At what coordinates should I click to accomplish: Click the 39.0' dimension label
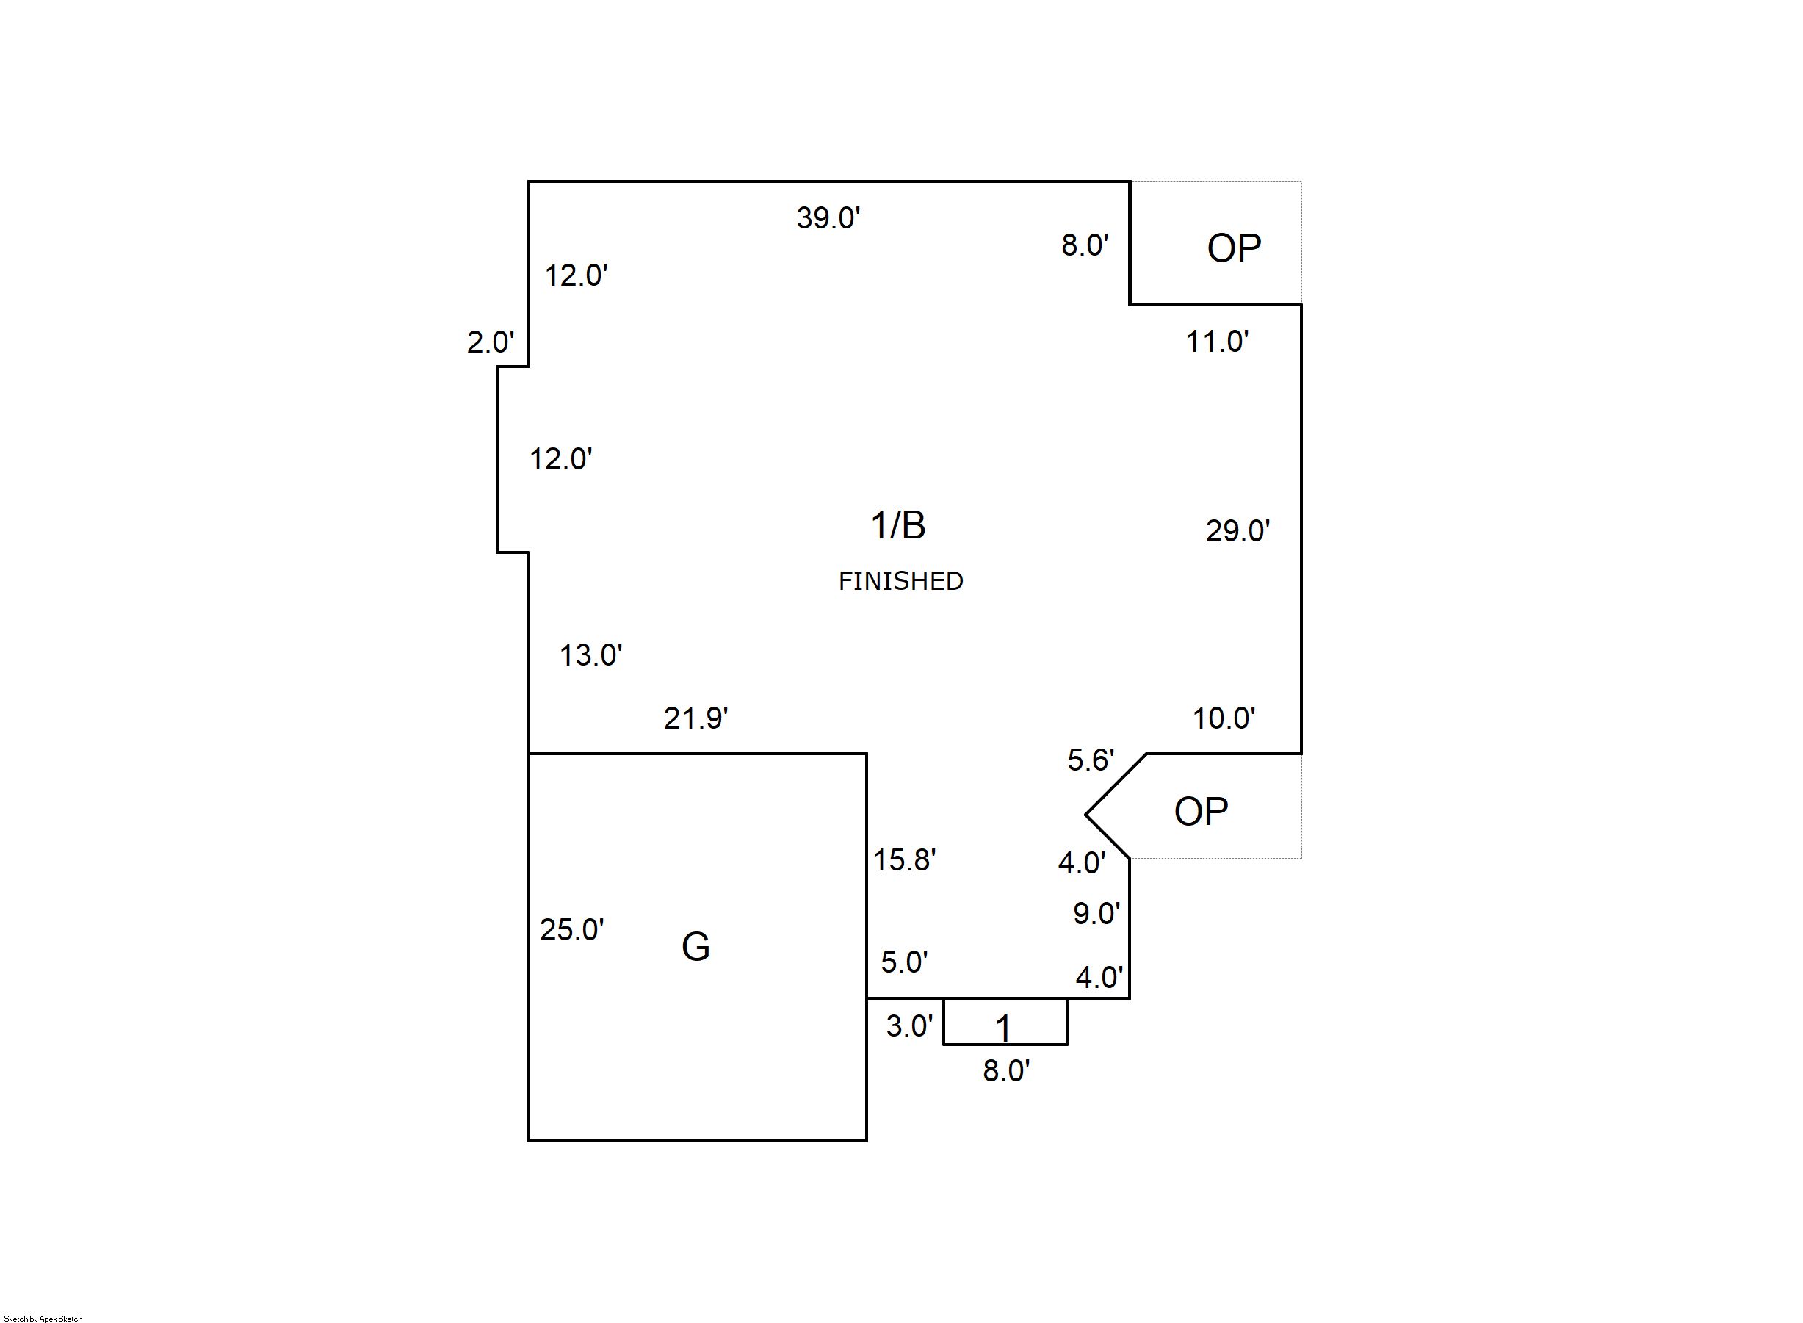pyautogui.click(x=828, y=218)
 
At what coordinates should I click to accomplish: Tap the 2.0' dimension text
pyautogui.click(x=490, y=342)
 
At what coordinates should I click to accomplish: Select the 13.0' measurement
pyautogui.click(x=590, y=655)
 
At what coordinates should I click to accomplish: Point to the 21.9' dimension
pyautogui.click(x=695, y=718)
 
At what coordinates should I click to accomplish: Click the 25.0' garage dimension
pyautogui.click(x=571, y=930)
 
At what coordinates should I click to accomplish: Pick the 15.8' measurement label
pyautogui.click(x=904, y=860)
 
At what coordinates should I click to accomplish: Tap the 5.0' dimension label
pyautogui.click(x=904, y=962)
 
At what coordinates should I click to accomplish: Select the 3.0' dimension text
pyautogui.click(x=908, y=1026)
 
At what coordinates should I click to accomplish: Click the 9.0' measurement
pyautogui.click(x=1096, y=913)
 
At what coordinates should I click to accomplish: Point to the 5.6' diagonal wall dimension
pyautogui.click(x=1091, y=760)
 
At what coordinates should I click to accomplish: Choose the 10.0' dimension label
pyautogui.click(x=1224, y=718)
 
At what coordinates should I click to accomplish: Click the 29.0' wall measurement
pyautogui.click(x=1237, y=531)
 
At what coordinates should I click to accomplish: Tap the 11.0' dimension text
pyautogui.click(x=1216, y=342)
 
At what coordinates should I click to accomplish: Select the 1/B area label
pyautogui.click(x=897, y=525)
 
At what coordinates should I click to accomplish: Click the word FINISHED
pyautogui.click(x=900, y=581)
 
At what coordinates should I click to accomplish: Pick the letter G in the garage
pyautogui.click(x=695, y=947)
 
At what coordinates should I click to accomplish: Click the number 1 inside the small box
pyautogui.click(x=1002, y=1028)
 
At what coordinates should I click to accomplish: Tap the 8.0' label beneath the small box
pyautogui.click(x=1005, y=1071)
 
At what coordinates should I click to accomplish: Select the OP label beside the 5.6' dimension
pyautogui.click(x=1200, y=811)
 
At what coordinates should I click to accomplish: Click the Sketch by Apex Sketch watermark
pyautogui.click(x=43, y=1318)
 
